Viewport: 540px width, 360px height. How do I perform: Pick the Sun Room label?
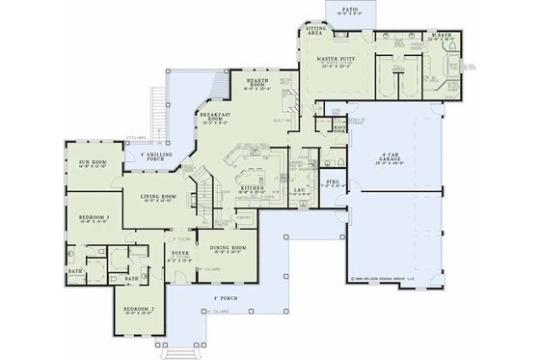click(79, 151)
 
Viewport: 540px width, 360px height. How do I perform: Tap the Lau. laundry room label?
click(299, 191)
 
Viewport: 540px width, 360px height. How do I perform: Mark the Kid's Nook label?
click(338, 127)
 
